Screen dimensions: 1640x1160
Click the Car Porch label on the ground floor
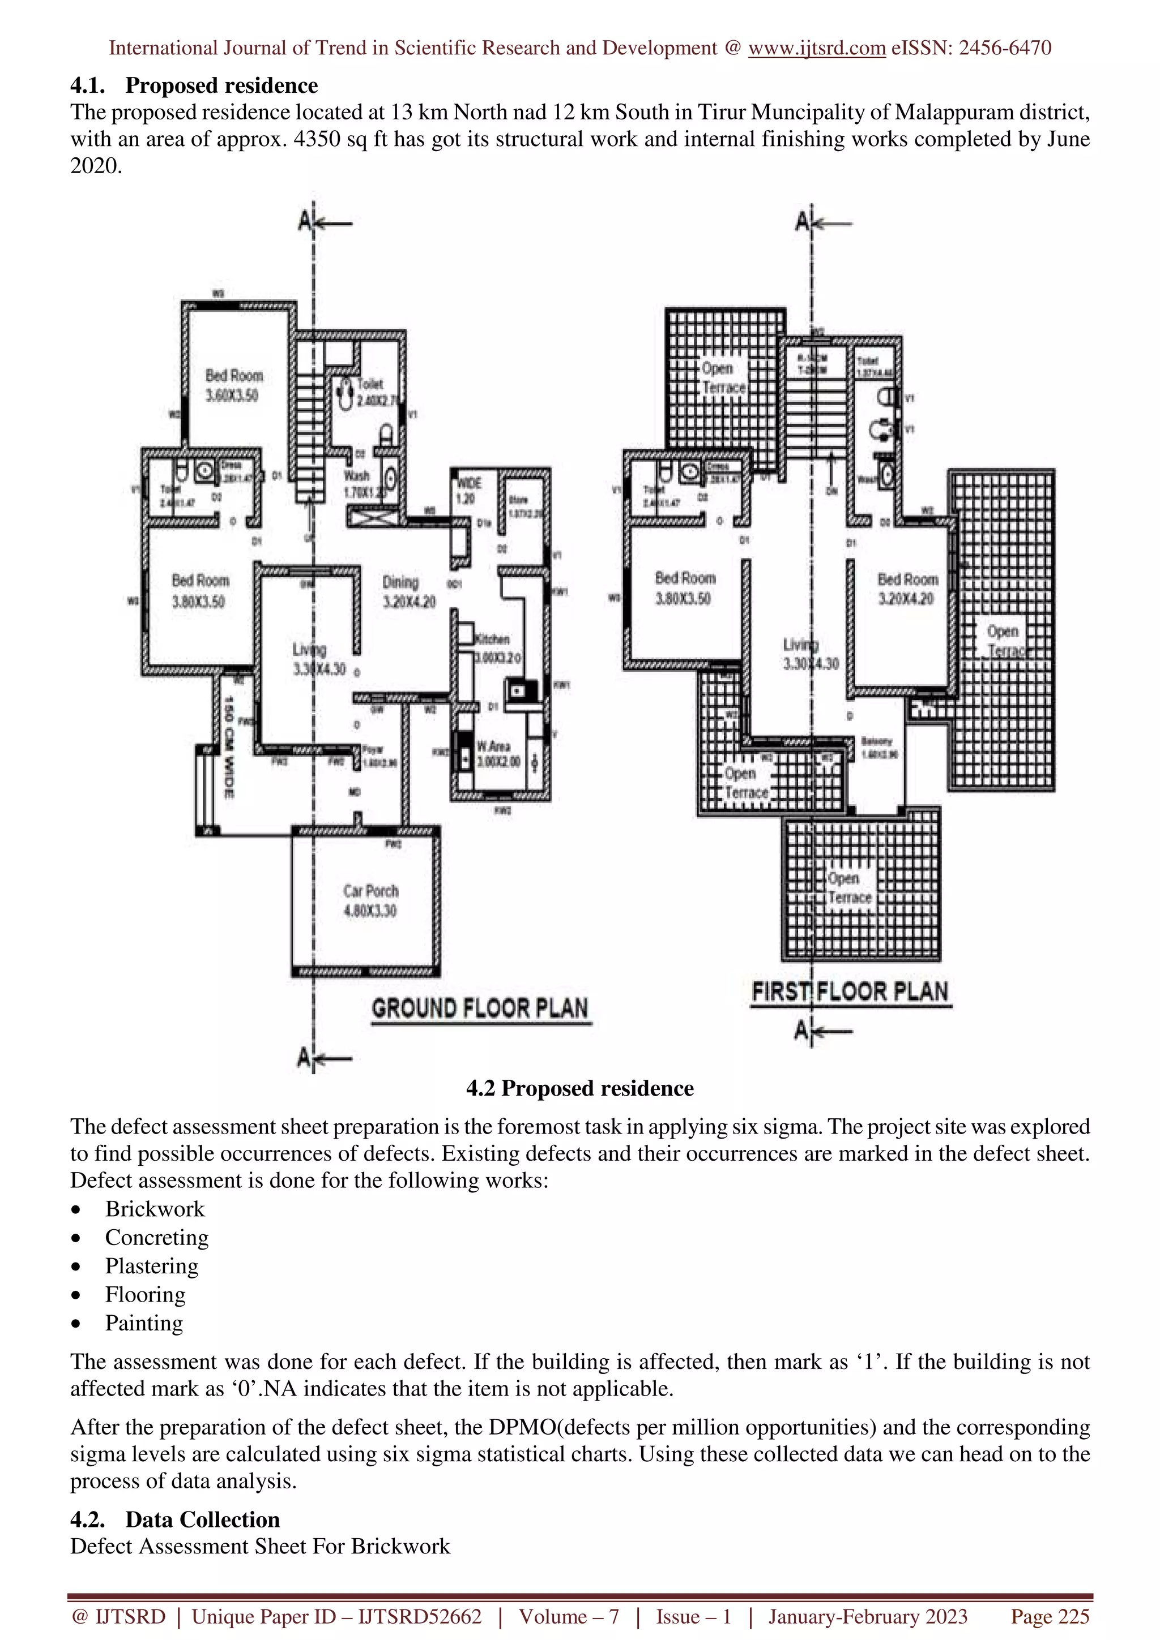click(x=370, y=901)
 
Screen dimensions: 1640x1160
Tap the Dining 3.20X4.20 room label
click(x=408, y=592)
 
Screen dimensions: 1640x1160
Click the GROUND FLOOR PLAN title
click(x=480, y=1008)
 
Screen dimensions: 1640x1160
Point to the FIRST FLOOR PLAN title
click(x=850, y=991)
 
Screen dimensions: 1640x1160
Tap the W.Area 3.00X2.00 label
click(x=498, y=754)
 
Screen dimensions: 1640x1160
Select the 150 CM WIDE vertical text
click(x=229, y=746)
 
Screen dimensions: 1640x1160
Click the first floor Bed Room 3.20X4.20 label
click(x=907, y=589)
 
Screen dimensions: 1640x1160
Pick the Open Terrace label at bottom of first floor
click(x=849, y=888)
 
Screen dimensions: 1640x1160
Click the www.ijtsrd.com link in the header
click(x=816, y=48)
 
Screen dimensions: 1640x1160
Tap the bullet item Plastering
click(x=152, y=1266)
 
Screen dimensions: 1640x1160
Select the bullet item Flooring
click(x=145, y=1294)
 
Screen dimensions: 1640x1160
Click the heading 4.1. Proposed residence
click(x=194, y=85)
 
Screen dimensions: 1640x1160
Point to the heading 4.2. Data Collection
click(x=175, y=1519)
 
